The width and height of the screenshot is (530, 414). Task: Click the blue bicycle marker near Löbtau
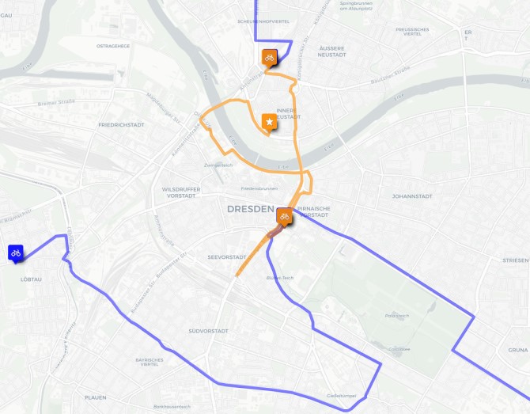point(15,253)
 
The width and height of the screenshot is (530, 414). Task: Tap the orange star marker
point(270,122)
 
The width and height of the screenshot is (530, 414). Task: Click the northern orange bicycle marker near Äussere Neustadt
point(269,58)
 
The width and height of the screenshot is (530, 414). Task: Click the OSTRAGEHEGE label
point(112,46)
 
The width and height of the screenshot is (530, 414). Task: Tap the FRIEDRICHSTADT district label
point(120,125)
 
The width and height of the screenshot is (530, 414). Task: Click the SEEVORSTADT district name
point(226,257)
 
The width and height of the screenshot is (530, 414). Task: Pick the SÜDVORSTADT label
point(209,330)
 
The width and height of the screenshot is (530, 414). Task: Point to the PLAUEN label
point(95,397)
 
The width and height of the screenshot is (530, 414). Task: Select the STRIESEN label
point(515,260)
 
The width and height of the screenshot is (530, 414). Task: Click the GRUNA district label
point(518,349)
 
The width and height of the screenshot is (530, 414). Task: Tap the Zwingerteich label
point(218,165)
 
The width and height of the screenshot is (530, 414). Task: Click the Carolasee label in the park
point(399,348)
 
